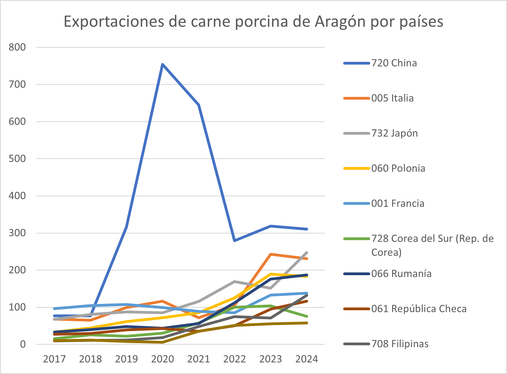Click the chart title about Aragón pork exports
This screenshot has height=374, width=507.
[x=253, y=22]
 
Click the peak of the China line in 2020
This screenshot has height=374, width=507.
[x=162, y=65]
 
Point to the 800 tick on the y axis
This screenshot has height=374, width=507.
[x=17, y=47]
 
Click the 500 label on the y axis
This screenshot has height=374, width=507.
[x=17, y=159]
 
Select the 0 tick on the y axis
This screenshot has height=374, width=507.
[x=23, y=344]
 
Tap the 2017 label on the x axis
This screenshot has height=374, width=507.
[x=54, y=359]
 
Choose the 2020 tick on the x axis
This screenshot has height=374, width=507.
[x=162, y=359]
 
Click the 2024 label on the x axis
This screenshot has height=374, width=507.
[x=307, y=359]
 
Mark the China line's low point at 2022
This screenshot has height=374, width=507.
[x=234, y=241]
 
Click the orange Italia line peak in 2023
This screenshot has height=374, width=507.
[x=271, y=254]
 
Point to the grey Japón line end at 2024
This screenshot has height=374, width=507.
[x=307, y=253]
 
